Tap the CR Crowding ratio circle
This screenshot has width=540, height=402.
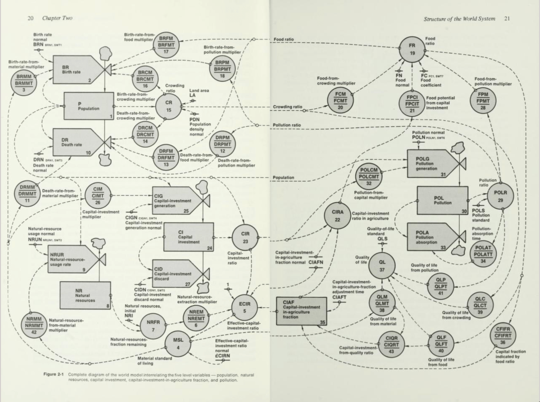tap(169, 106)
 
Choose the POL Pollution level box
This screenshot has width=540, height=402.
tap(442, 200)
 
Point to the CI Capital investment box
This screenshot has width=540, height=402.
tap(188, 237)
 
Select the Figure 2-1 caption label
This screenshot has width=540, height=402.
tap(55, 375)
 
